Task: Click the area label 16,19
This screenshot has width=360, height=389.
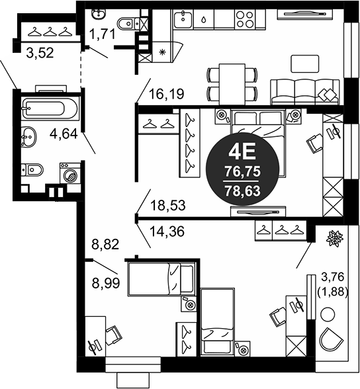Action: pos(167,94)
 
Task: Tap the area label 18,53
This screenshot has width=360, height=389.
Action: pos(168,205)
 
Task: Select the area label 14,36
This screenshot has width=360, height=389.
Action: pos(167,232)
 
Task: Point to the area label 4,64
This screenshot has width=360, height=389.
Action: pos(64,134)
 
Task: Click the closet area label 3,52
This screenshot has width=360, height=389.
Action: pos(40,53)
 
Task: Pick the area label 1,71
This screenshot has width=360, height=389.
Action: pos(102,34)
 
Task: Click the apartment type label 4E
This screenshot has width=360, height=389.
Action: pos(242,153)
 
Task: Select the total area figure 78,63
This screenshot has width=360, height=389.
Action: pos(242,191)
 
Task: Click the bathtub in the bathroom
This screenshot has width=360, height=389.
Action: pos(50,108)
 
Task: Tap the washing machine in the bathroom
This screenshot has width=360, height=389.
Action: pos(70,173)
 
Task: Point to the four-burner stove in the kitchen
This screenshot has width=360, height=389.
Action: pos(244,19)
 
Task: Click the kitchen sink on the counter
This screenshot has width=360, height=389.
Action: pos(183,19)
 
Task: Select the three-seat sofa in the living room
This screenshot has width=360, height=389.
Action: pos(305,92)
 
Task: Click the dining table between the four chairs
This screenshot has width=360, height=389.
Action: pos(232,85)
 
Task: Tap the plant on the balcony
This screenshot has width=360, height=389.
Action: pos(335,238)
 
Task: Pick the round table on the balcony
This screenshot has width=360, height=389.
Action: pos(328,314)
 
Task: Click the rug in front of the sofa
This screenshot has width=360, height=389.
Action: pos(304,64)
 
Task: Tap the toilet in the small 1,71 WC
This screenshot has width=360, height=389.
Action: pos(128,24)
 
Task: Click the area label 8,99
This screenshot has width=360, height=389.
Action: pos(106,283)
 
